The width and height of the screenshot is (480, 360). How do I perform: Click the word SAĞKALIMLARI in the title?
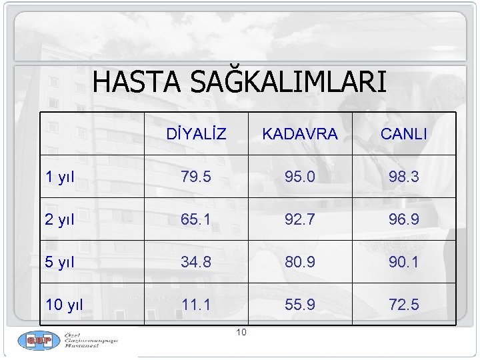(x=288, y=82)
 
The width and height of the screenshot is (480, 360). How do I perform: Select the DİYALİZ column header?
(x=196, y=134)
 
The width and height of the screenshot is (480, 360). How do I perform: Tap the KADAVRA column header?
(x=300, y=134)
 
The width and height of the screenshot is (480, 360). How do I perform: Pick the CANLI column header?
(x=404, y=134)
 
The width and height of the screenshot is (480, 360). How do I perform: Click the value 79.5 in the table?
(x=196, y=177)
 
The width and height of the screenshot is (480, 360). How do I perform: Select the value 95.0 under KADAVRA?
(x=300, y=177)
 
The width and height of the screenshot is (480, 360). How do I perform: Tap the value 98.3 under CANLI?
(x=404, y=177)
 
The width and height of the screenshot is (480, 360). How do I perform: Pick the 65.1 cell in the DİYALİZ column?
(x=196, y=219)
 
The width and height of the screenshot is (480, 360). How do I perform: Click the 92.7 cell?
(x=300, y=219)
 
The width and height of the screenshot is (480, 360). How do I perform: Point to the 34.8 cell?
(x=196, y=262)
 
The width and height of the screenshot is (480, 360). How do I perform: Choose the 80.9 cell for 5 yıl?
(x=300, y=262)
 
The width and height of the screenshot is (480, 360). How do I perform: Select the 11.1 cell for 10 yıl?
(x=196, y=305)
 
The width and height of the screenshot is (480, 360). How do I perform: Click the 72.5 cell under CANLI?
(x=404, y=305)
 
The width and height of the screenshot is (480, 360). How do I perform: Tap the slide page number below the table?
(x=241, y=333)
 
